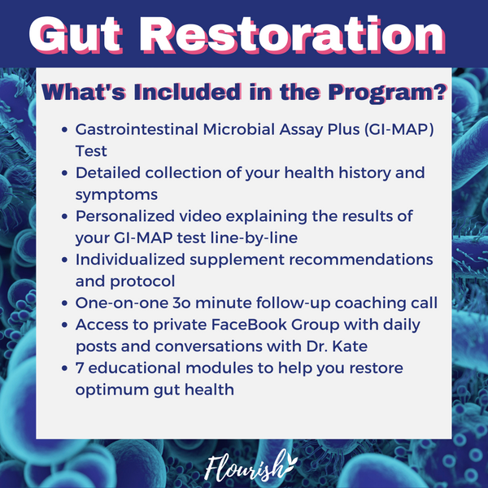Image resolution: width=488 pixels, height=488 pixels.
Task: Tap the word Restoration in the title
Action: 293,35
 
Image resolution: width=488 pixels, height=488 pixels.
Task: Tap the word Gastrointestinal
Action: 137,129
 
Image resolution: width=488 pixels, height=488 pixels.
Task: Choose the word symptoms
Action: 116,195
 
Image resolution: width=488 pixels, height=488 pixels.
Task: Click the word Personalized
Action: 124,216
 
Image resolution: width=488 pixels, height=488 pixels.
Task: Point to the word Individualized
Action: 130,259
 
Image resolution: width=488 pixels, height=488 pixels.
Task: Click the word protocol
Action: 142,282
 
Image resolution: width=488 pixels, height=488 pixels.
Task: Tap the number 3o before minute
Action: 181,303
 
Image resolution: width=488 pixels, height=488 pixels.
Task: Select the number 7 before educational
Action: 80,368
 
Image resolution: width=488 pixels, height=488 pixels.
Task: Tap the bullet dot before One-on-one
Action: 64,303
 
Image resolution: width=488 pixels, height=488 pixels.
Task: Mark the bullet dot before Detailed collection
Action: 64,173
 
